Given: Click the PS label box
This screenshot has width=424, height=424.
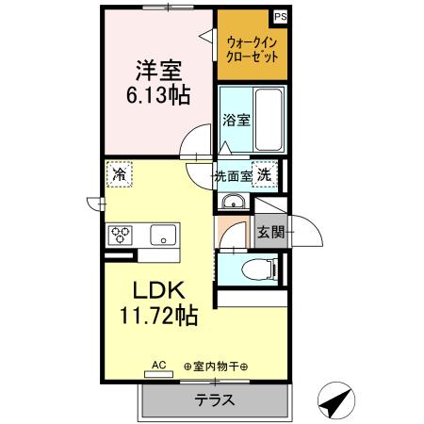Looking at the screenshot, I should click(280, 16).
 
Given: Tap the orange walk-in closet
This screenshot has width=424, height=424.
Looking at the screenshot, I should click(251, 47).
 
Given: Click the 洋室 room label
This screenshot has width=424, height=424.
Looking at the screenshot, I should click(158, 69).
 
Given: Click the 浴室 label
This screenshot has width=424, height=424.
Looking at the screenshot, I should click(236, 121).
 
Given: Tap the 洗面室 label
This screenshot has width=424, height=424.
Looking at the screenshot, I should click(233, 176).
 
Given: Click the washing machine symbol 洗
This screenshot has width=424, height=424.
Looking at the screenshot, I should click(266, 175).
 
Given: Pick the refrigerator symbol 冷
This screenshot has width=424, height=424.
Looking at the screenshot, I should click(119, 174).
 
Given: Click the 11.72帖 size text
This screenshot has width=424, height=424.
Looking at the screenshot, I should click(158, 316).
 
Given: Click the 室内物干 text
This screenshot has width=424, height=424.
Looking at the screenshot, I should click(215, 367).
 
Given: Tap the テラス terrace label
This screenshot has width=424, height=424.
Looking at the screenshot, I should click(215, 400).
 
